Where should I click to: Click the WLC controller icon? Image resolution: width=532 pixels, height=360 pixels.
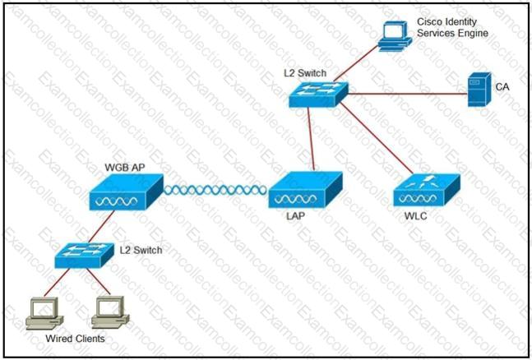coord(425,192)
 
